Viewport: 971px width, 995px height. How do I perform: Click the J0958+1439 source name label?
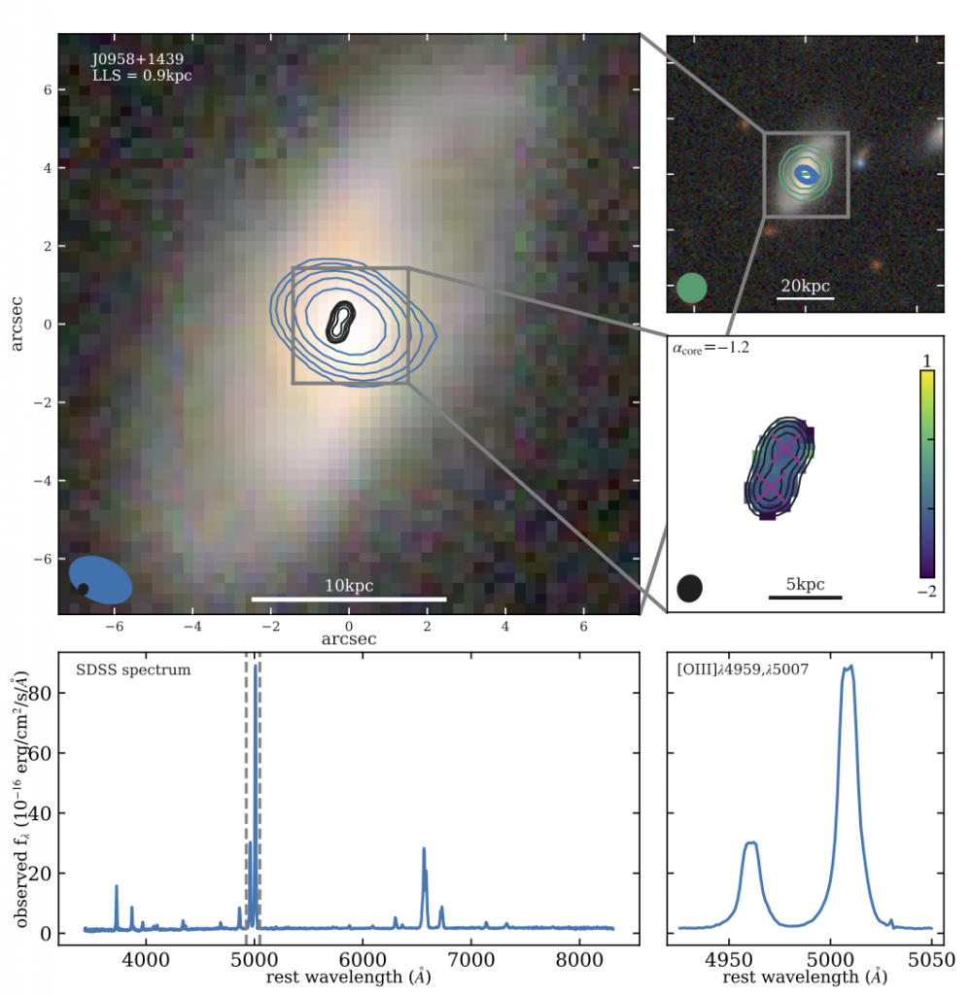[129, 59]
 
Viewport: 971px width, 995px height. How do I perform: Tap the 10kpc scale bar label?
[348, 586]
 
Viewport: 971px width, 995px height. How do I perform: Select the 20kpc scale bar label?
[806, 287]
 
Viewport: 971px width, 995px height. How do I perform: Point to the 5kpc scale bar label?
[805, 584]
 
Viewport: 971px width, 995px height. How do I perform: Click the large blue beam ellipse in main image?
[102, 579]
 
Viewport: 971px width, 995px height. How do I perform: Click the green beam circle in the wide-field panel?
[691, 289]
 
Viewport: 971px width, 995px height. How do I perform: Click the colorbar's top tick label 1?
[926, 360]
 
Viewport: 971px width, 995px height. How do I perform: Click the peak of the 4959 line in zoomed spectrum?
[750, 843]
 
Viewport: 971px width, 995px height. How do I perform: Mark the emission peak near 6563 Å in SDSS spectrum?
[424, 849]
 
